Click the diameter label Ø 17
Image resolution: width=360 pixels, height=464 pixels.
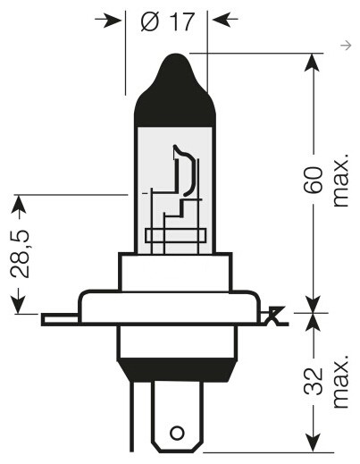[x=168, y=21]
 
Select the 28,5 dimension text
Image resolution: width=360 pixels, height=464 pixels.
[x=20, y=254]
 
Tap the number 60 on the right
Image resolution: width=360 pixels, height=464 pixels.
[x=313, y=180]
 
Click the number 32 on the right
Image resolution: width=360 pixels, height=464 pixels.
[x=314, y=382]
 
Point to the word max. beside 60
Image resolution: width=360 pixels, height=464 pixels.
[x=340, y=181]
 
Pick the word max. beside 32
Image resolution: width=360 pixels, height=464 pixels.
[x=340, y=382]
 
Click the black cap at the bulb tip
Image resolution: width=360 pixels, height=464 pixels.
[x=175, y=91]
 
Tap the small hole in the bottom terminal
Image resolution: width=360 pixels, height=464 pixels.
[x=177, y=433]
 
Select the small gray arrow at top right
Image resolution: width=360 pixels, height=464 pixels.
[x=346, y=46]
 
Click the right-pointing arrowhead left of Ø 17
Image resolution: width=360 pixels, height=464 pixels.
[x=113, y=20]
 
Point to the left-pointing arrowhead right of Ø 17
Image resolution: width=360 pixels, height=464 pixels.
[x=222, y=20]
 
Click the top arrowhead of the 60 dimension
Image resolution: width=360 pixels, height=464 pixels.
[x=312, y=63]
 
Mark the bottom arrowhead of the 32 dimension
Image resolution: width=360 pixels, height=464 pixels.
[x=313, y=443]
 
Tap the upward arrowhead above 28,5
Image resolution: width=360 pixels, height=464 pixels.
[x=19, y=205]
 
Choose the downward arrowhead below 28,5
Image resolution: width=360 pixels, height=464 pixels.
[x=19, y=304]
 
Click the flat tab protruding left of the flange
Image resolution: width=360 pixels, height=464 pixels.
[x=60, y=319]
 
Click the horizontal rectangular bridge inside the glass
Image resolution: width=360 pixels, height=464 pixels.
[x=176, y=236]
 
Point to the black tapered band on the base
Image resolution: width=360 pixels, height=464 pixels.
[x=177, y=370]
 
